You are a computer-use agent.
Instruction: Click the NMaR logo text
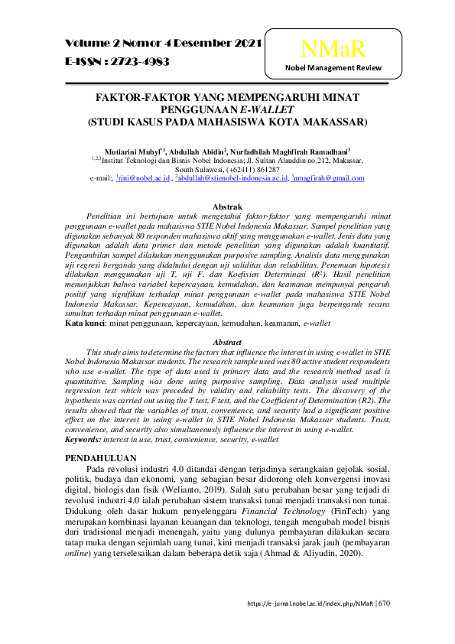[333, 50]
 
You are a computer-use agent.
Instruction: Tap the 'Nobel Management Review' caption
[333, 69]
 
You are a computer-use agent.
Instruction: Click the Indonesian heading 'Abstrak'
[227, 207]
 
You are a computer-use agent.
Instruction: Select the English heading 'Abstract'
[227, 342]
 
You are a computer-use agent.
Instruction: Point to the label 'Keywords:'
[85, 441]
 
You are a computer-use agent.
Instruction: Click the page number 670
[384, 603]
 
